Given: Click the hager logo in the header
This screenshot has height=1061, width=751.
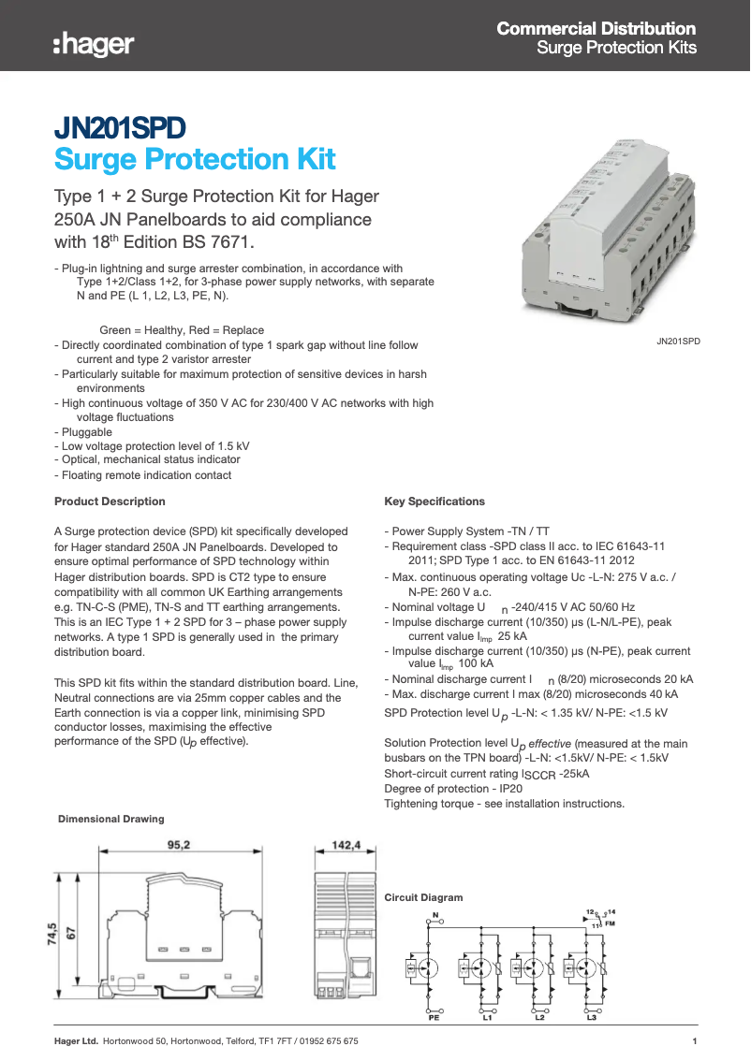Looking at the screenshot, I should [93, 43].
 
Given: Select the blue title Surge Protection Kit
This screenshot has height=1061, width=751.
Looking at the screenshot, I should [195, 159].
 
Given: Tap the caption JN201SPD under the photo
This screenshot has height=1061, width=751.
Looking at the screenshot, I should [678, 342].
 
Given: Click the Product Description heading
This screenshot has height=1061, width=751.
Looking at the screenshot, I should [110, 501].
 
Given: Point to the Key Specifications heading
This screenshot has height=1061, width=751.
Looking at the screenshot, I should [434, 501].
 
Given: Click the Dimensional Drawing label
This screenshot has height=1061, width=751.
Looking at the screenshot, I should [110, 819].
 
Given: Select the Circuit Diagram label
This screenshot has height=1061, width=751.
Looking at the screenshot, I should [423, 897].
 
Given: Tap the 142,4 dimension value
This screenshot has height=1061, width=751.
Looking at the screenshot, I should [346, 845].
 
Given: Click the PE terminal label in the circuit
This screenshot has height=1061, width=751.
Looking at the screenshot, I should [434, 1017].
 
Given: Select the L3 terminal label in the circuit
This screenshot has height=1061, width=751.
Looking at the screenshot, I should [591, 1017].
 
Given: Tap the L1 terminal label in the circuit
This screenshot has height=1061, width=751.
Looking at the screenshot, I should [487, 1017].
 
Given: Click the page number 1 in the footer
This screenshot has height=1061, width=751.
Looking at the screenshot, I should [694, 1041].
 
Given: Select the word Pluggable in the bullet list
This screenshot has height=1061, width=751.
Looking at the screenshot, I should [87, 433].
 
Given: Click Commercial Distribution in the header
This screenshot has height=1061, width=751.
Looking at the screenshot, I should [596, 29].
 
